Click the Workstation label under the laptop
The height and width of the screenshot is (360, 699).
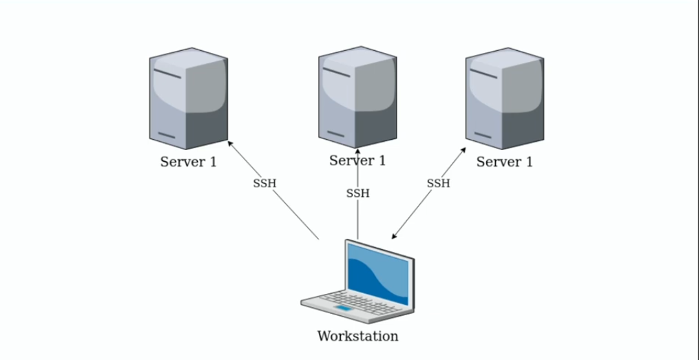click(x=357, y=335)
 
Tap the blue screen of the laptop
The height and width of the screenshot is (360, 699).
click(x=377, y=273)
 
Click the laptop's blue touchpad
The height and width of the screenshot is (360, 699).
click(x=343, y=308)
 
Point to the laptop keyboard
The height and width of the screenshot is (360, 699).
click(x=360, y=303)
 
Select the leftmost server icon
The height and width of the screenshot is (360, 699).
click(x=189, y=98)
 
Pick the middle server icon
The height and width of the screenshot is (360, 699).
click(x=357, y=97)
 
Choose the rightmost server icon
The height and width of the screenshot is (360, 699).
click(x=505, y=98)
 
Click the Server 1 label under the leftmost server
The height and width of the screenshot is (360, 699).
click(x=189, y=162)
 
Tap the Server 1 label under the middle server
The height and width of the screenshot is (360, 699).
click(x=357, y=160)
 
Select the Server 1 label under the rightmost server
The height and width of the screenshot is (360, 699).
click(x=505, y=162)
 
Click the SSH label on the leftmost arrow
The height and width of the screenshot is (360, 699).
click(x=265, y=183)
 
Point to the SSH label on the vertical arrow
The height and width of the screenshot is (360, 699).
click(x=358, y=193)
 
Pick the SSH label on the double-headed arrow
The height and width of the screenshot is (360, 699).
click(x=438, y=183)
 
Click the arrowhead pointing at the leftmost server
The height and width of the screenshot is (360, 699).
click(x=230, y=143)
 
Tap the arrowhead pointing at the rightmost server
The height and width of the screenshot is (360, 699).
click(x=463, y=150)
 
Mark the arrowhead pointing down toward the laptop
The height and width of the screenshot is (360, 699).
click(x=394, y=237)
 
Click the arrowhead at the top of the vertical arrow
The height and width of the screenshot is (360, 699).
click(x=357, y=151)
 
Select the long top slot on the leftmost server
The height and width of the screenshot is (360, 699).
click(x=167, y=74)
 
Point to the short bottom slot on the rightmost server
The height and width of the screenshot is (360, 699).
click(x=483, y=135)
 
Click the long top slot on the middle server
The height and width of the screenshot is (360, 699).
click(x=337, y=72)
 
